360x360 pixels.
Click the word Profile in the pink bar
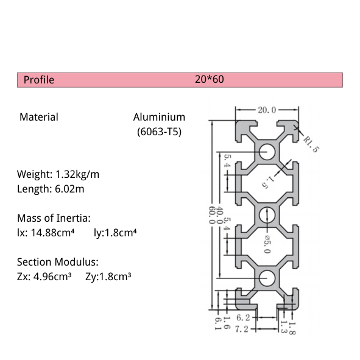click(x=38, y=80)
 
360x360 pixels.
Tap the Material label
click(x=39, y=117)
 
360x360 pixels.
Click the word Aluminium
click(x=159, y=117)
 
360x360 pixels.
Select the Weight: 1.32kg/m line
click(x=58, y=174)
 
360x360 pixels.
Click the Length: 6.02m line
click(x=51, y=189)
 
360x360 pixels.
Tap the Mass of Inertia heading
click(x=54, y=217)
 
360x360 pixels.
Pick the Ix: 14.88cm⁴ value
click(x=46, y=232)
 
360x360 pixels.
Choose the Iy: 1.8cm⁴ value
click(x=115, y=232)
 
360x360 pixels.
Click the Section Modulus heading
click(x=57, y=262)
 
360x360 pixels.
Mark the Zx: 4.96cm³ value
click(x=44, y=277)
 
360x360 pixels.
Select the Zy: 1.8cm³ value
click(x=108, y=277)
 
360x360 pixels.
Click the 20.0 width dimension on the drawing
click(x=267, y=110)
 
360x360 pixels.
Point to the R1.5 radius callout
click(x=311, y=143)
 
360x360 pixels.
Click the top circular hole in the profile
click(x=266, y=151)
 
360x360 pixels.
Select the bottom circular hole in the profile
click(x=266, y=279)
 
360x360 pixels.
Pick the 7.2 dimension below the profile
click(x=243, y=329)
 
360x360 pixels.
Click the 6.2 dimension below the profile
click(x=243, y=317)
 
